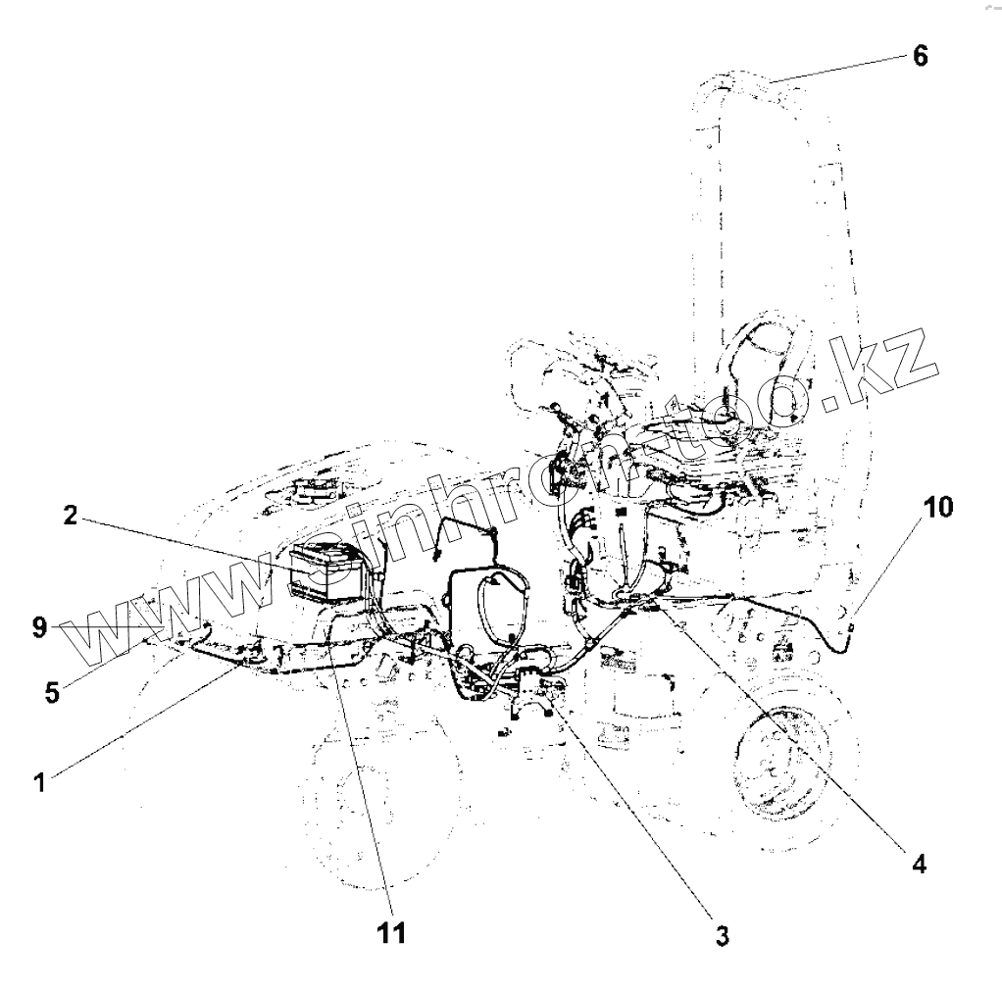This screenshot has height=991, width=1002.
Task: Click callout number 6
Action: click(919, 56)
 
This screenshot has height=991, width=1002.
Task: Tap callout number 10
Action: click(936, 507)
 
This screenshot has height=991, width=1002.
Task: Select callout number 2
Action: click(71, 516)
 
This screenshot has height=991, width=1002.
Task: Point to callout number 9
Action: click(39, 627)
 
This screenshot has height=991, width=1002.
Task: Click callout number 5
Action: click(51, 692)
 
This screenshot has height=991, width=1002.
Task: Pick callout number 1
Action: click(39, 783)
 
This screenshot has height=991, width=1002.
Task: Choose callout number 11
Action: click(391, 932)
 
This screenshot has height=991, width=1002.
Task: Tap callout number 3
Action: click(722, 936)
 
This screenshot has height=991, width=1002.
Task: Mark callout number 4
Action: click(919, 864)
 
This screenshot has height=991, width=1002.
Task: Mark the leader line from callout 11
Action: click(363, 765)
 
